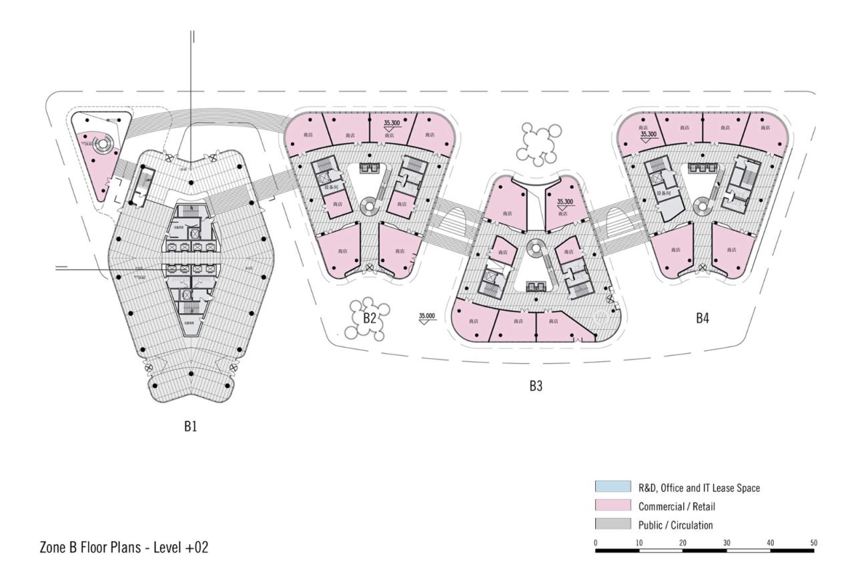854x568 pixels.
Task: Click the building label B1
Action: (x=191, y=427)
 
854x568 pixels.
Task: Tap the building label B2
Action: (x=370, y=318)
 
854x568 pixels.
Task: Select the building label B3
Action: (x=536, y=386)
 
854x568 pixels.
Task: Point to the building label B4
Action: (x=702, y=318)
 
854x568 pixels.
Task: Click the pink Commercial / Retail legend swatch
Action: (x=612, y=507)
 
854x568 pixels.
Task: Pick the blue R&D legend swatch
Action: (x=612, y=488)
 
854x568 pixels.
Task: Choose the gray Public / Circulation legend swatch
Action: (x=612, y=525)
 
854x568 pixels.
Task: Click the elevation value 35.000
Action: (x=427, y=315)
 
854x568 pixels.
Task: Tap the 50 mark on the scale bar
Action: (x=813, y=543)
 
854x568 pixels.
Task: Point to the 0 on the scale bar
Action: (x=595, y=543)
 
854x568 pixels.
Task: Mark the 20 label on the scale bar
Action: (x=683, y=543)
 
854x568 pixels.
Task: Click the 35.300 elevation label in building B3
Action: (x=564, y=201)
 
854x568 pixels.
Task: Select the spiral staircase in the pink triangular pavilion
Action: (x=103, y=143)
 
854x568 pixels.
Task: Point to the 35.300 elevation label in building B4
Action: (x=649, y=134)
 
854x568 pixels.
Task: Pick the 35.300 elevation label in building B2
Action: (x=392, y=123)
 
